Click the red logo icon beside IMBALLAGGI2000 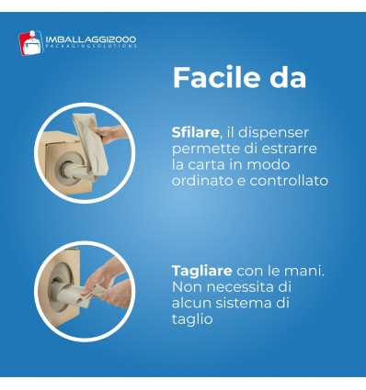(29, 41)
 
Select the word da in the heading (286, 77)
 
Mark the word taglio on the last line (192, 319)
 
